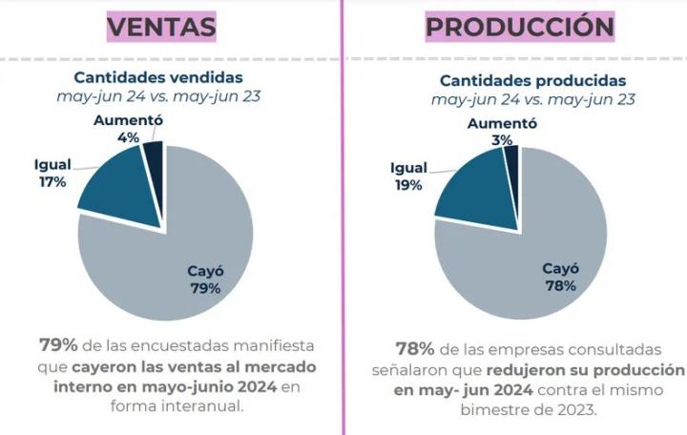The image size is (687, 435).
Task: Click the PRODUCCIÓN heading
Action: coord(519,27)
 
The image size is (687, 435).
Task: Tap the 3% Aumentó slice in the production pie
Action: coord(510,157)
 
